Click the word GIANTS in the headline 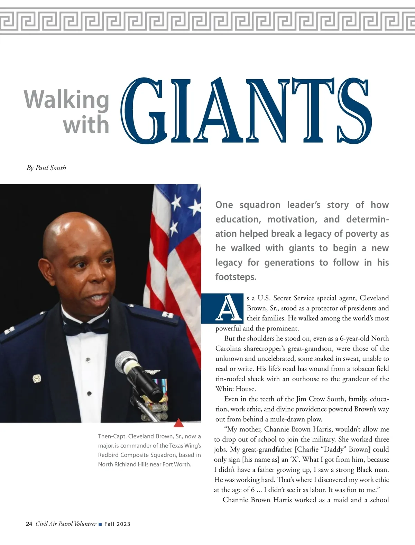(246, 111)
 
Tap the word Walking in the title (67, 100)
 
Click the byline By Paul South (46, 168)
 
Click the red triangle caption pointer (178, 423)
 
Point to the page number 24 (29, 524)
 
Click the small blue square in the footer (100, 524)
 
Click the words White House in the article (235, 389)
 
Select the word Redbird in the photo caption (108, 455)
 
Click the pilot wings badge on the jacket (152, 372)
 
